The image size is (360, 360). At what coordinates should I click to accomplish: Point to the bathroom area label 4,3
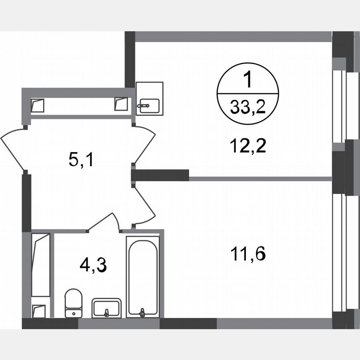(93, 265)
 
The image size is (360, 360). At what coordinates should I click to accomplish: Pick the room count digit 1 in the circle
(247, 80)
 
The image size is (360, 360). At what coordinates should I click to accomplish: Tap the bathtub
(143, 275)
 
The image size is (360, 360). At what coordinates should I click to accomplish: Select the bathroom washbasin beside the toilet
(107, 308)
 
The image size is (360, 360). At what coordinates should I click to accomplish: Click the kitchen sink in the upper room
(149, 105)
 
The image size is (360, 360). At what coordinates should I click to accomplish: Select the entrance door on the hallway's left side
(12, 148)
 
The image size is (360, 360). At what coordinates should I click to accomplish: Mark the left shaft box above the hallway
(37, 104)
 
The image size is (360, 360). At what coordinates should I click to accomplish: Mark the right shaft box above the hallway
(121, 104)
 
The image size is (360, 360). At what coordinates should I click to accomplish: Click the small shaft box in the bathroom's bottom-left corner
(39, 310)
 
